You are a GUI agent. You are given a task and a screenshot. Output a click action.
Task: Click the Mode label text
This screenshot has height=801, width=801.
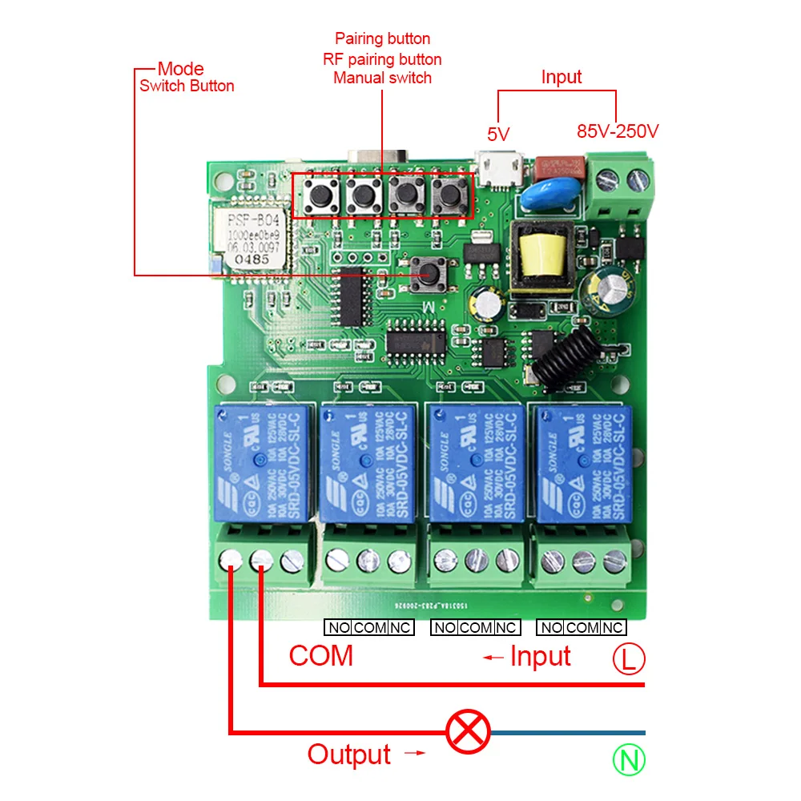click(x=180, y=69)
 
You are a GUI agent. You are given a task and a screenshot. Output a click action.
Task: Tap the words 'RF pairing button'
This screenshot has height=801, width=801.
click(x=382, y=58)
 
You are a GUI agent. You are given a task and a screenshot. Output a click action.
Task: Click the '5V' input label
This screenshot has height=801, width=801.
click(x=498, y=133)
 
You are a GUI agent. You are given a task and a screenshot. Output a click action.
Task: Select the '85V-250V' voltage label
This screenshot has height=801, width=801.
click(x=618, y=131)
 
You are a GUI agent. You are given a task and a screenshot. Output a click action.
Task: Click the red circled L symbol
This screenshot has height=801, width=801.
click(x=629, y=659)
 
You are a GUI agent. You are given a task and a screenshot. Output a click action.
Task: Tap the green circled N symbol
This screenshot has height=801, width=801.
click(x=630, y=759)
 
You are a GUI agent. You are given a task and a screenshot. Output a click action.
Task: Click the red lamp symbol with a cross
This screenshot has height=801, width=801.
click(x=468, y=732)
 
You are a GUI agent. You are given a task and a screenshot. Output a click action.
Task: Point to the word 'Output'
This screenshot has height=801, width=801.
click(x=349, y=755)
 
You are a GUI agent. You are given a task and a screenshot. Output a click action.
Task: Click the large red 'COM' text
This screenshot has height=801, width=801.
click(x=320, y=656)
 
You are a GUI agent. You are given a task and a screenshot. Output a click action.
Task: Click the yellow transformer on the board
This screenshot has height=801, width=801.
click(x=545, y=258)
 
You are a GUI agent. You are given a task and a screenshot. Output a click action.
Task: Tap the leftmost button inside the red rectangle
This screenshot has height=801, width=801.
click(x=324, y=194)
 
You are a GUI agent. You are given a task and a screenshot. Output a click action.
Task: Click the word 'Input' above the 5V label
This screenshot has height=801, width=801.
click(x=561, y=78)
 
